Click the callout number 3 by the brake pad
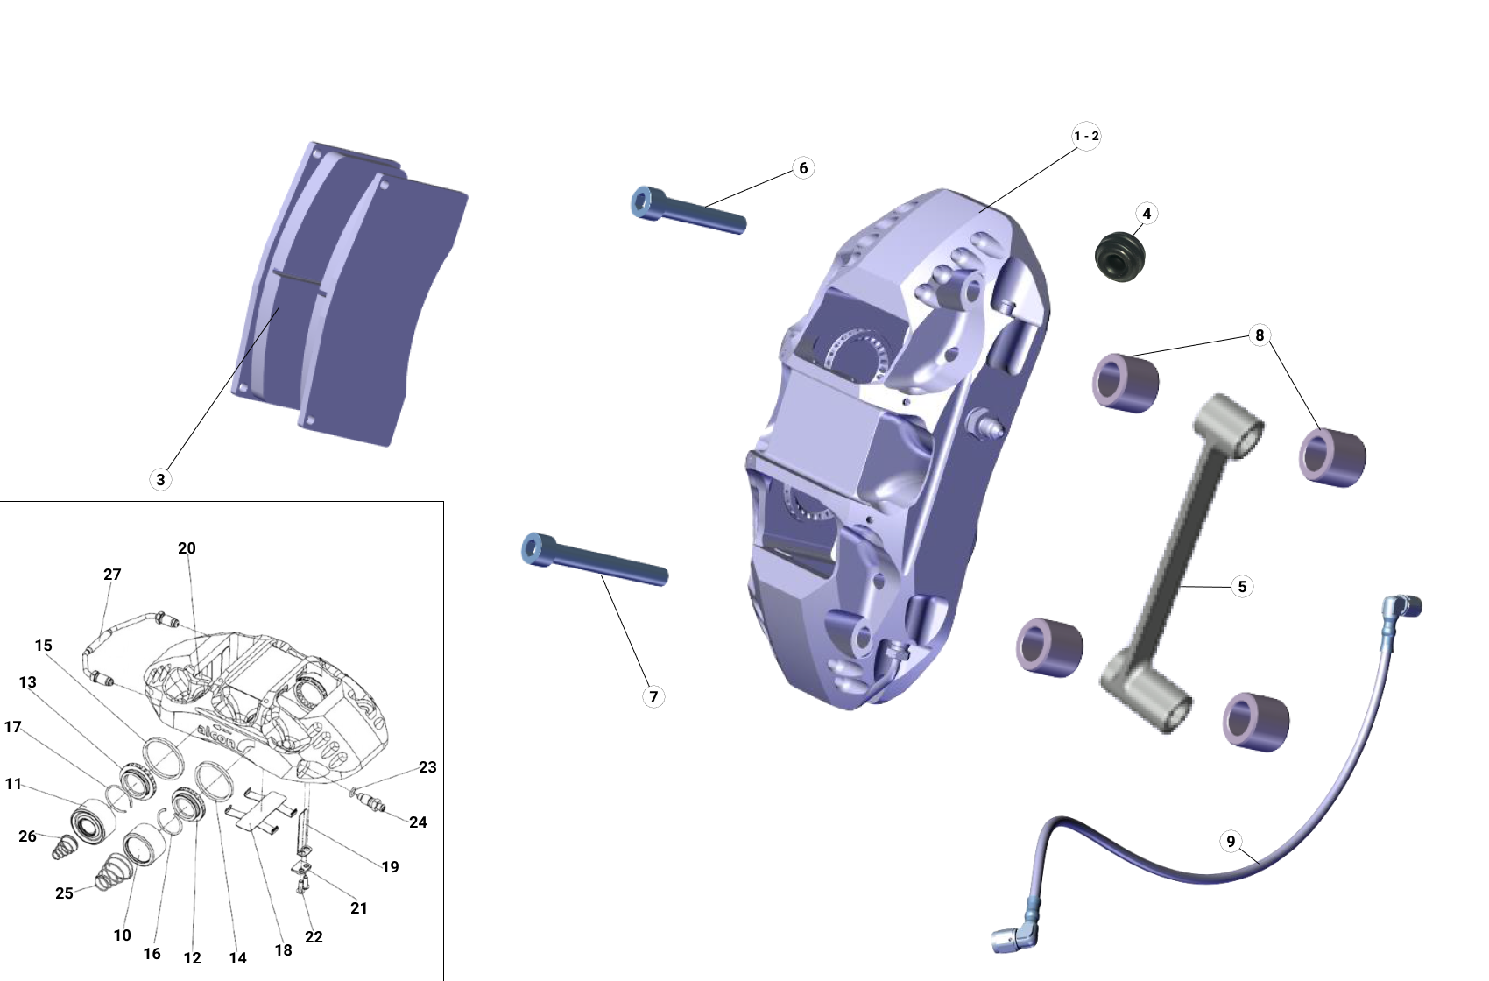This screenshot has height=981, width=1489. tap(160, 479)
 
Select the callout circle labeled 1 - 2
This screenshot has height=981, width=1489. tap(1086, 136)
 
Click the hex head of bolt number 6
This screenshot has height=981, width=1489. tap(644, 202)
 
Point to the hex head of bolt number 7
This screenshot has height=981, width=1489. tap(534, 549)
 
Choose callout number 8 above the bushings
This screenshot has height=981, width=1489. tap(1260, 335)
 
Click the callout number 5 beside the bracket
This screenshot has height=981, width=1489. tap(1242, 586)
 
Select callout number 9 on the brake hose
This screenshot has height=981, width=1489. tap(1231, 842)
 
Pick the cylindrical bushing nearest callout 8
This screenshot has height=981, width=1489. tap(1126, 382)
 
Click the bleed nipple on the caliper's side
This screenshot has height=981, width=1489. tap(987, 425)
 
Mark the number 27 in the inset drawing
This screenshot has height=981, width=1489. tap(112, 575)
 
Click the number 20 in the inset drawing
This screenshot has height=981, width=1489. tap(187, 548)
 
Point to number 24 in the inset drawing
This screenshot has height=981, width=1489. tap(418, 822)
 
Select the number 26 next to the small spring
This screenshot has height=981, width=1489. tap(27, 836)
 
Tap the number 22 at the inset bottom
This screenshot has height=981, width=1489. tap(314, 936)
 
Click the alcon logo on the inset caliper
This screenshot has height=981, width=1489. tap(215, 735)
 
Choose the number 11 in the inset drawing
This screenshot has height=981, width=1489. tap(13, 784)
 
